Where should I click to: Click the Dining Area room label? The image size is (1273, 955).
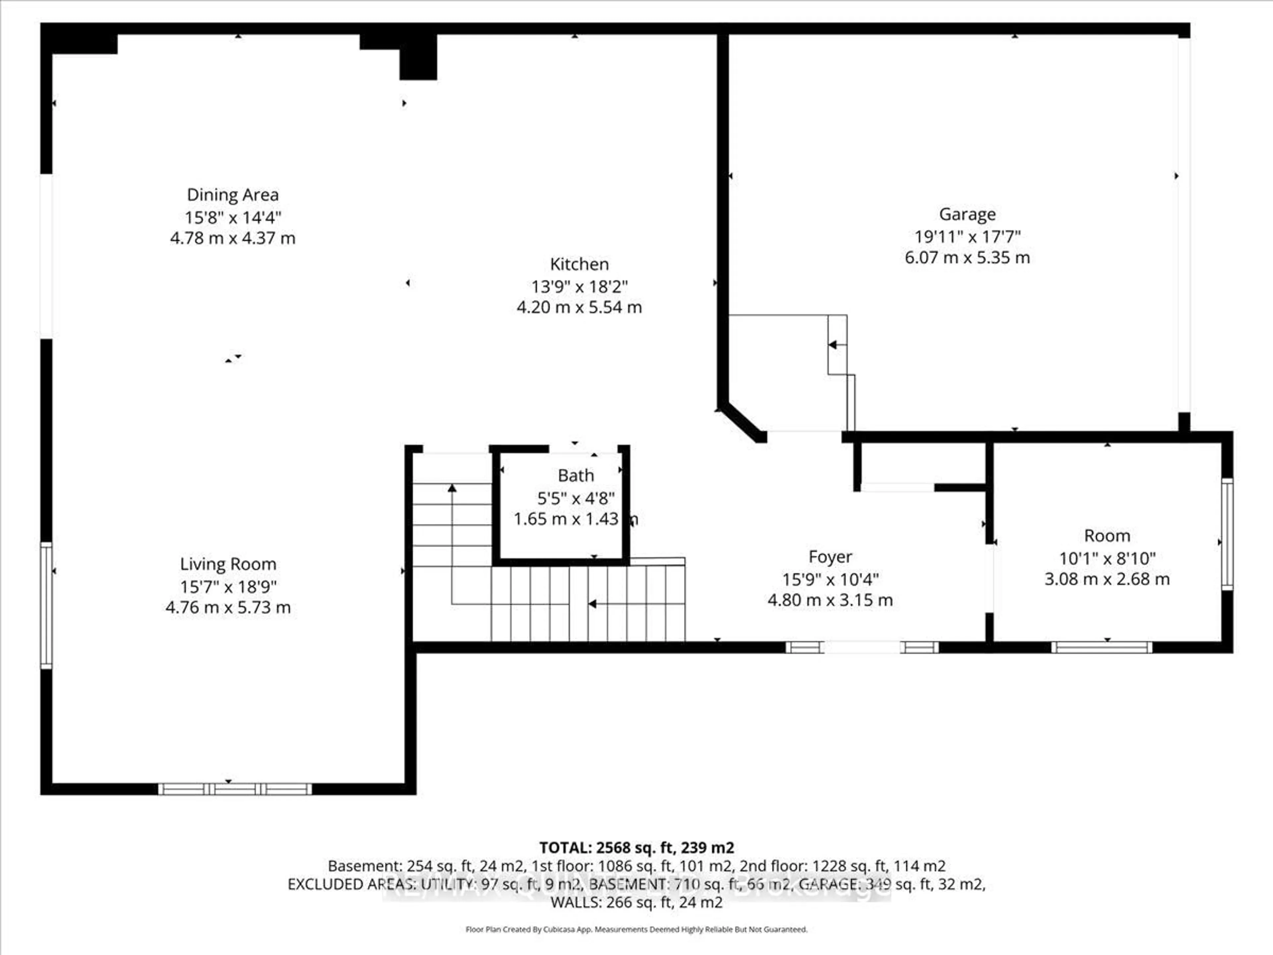(x=232, y=195)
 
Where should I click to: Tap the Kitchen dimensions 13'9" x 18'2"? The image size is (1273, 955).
(x=579, y=286)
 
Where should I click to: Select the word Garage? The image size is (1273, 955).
(x=967, y=214)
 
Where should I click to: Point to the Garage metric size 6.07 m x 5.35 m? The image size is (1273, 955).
(x=967, y=257)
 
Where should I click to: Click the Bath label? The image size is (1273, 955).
(x=576, y=476)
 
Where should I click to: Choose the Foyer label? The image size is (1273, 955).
(x=830, y=557)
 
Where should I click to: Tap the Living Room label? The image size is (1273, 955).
(x=228, y=564)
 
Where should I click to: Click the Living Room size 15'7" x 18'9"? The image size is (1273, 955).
(x=228, y=587)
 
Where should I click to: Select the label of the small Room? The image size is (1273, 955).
(x=1107, y=536)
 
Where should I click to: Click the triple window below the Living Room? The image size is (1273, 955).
(x=235, y=789)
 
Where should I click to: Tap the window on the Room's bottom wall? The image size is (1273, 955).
(x=1102, y=647)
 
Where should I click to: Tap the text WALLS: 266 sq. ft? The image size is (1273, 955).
(x=636, y=902)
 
